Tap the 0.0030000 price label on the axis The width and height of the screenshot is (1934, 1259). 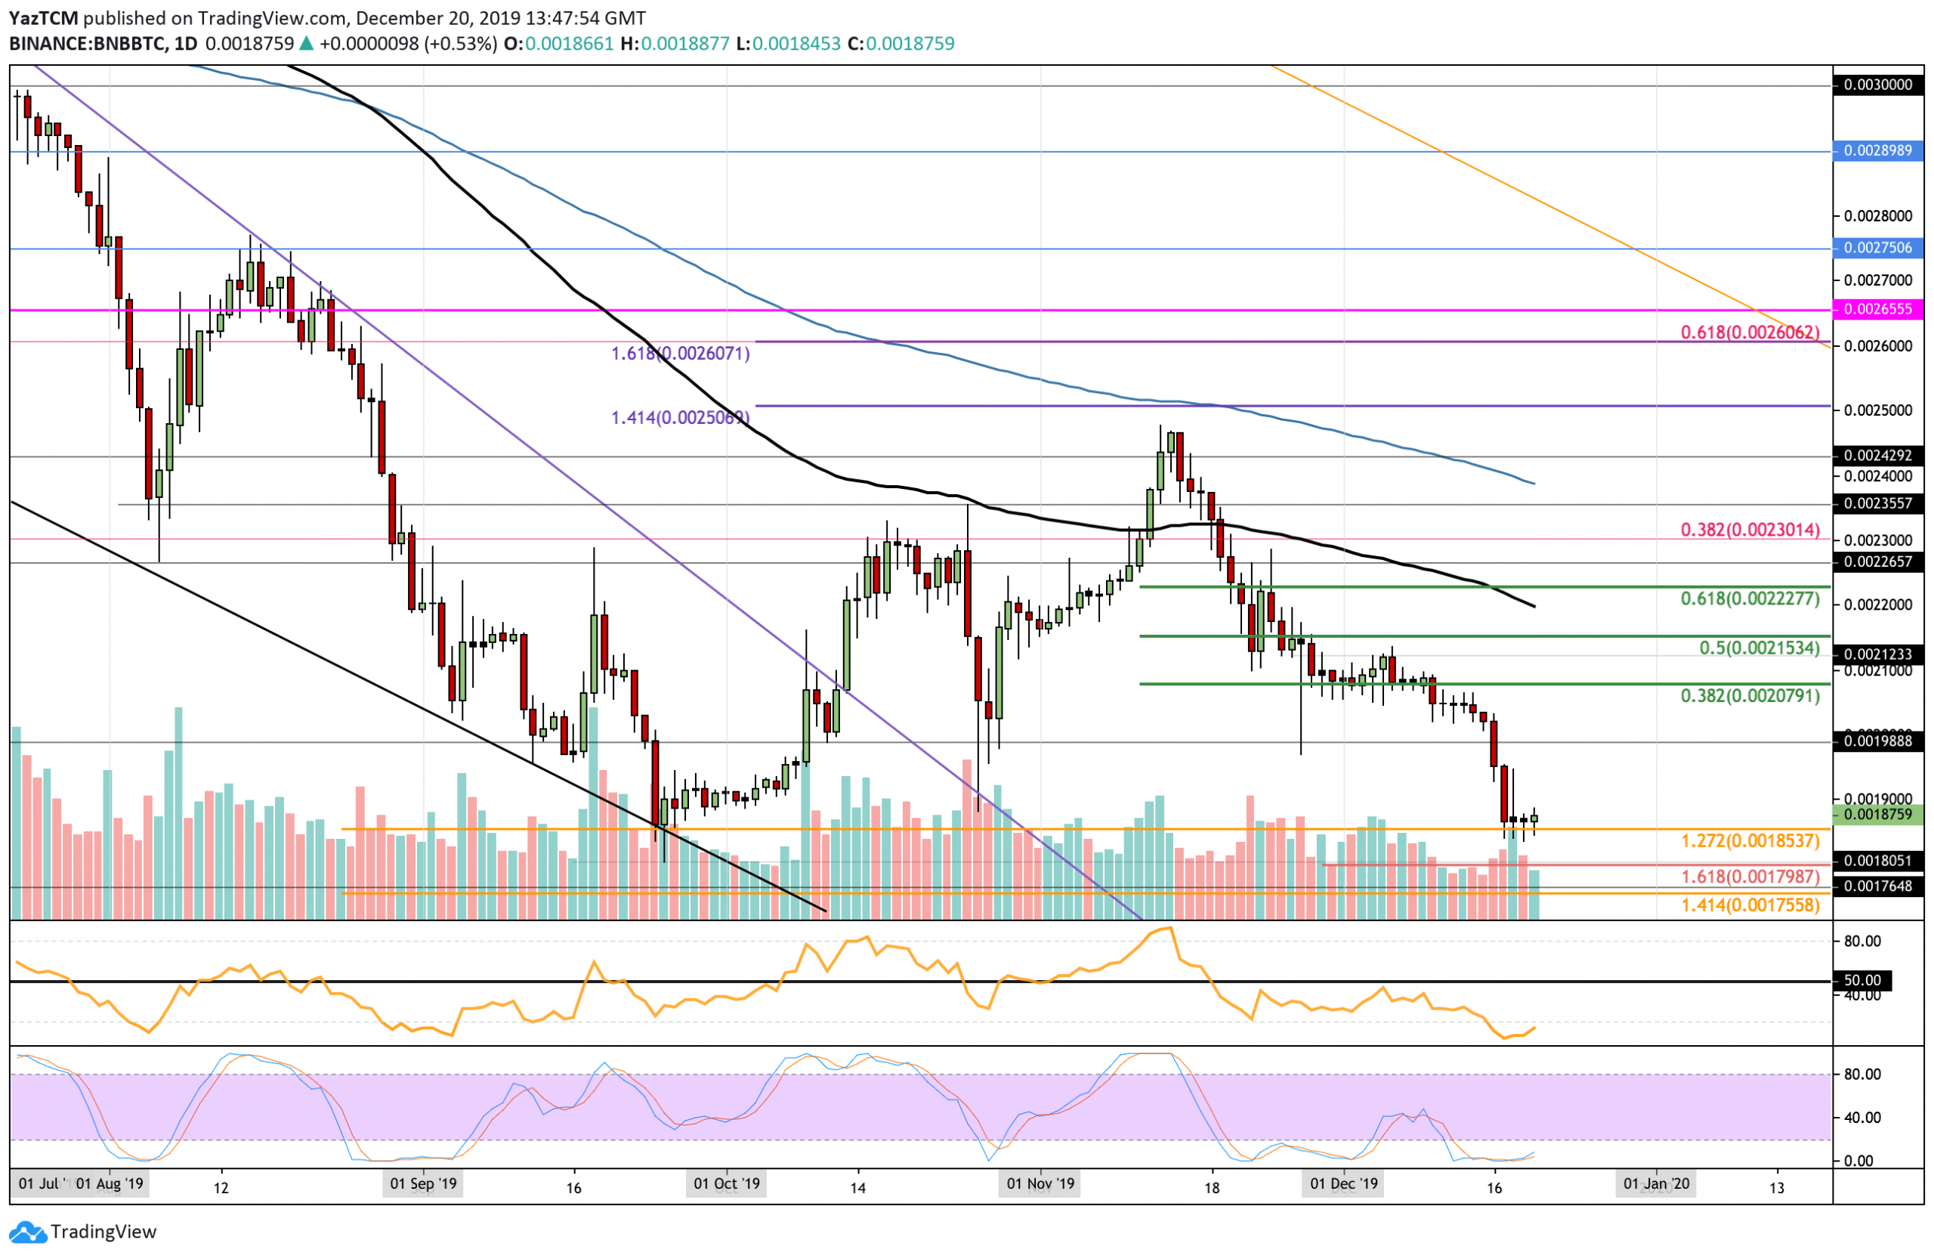pos(1877,85)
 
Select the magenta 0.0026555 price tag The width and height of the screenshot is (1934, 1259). pos(1877,309)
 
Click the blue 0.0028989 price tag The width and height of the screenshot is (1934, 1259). pos(1877,150)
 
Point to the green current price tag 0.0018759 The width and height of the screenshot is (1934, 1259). pos(1877,814)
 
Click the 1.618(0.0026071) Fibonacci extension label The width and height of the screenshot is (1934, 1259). pos(679,353)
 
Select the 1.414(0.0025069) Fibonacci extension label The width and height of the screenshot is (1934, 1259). pos(679,418)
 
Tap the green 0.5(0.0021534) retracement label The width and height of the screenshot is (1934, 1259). pos(1759,648)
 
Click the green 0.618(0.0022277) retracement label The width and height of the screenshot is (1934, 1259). pos(1750,599)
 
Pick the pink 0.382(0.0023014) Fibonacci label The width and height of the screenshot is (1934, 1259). pos(1750,530)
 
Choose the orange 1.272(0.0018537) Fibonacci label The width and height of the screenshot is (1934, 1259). pos(1750,840)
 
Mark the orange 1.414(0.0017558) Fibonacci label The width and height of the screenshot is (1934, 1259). pos(1750,905)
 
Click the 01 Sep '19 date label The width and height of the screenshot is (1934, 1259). pos(423,1183)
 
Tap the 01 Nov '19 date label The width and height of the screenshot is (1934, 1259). pos(1040,1183)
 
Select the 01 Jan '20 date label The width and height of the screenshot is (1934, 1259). pos(1655,1183)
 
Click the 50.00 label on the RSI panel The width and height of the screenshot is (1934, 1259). pos(1861,980)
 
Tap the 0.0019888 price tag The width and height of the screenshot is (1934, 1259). pos(1877,741)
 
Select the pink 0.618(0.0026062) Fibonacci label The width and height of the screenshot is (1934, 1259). pos(1750,332)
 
